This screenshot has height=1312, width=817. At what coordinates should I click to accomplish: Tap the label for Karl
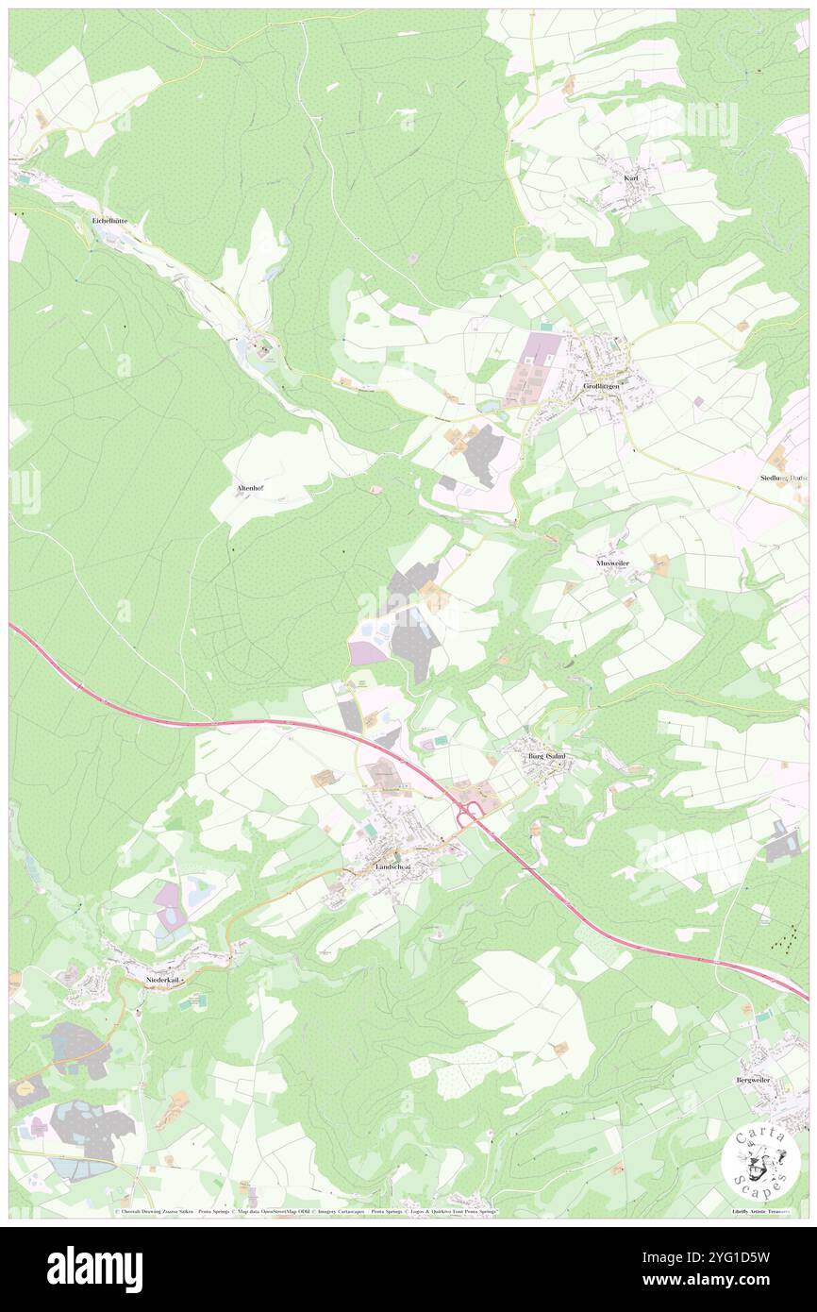pyautogui.click(x=631, y=177)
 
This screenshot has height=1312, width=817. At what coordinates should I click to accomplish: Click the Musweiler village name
pyautogui.click(x=613, y=563)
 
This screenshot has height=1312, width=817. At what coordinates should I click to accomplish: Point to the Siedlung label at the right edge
pyautogui.click(x=783, y=479)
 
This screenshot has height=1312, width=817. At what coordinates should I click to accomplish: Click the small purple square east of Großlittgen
pyautogui.click(x=697, y=401)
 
